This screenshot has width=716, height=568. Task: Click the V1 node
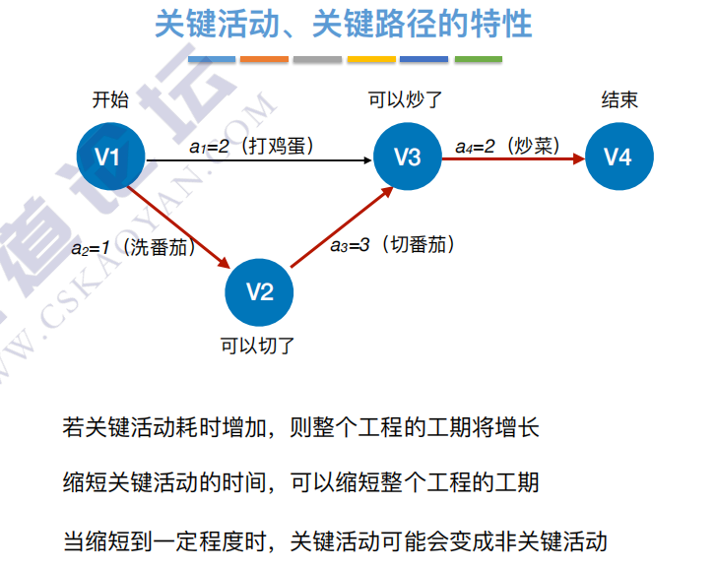pos(111,157)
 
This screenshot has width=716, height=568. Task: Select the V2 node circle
pos(259,290)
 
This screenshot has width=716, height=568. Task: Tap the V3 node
pos(407,157)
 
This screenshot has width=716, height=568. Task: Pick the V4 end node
pos(618,157)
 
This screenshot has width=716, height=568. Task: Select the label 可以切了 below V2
pos(258,346)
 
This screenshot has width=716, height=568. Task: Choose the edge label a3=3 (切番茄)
pos(392,245)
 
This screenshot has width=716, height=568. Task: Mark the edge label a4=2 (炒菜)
pos(508,147)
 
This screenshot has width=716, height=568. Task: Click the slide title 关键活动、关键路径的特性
pos(344,24)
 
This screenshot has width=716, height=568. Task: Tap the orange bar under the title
pos(264,60)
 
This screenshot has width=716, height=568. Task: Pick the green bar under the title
pos(478,60)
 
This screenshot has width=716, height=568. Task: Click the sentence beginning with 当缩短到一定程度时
pos(335,541)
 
